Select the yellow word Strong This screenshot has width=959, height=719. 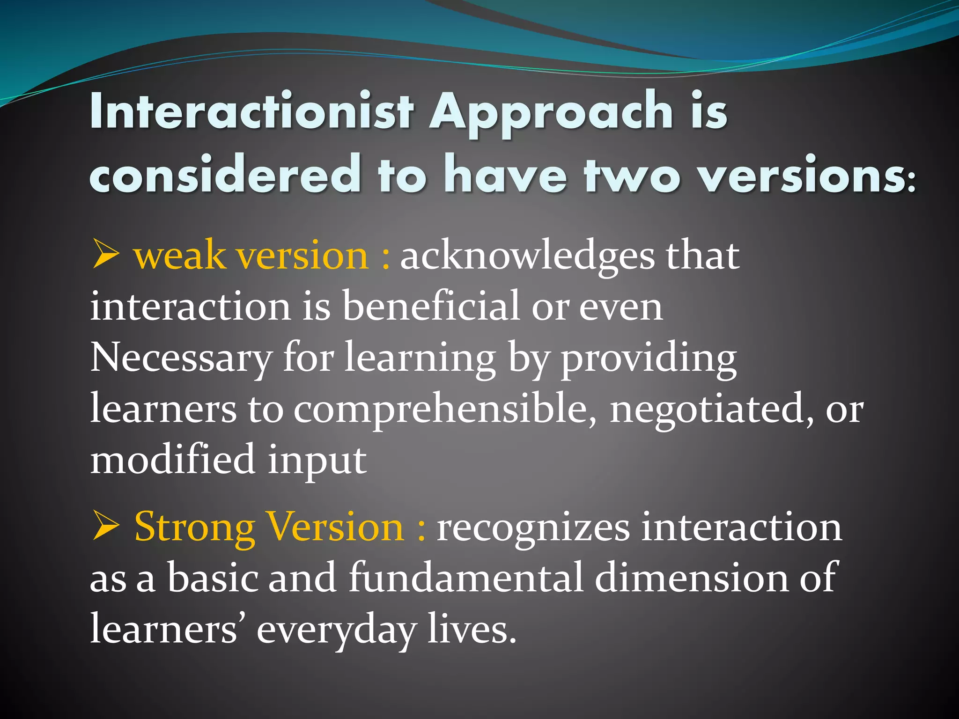(x=194, y=528)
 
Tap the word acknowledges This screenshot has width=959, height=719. (x=527, y=257)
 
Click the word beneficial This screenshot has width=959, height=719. (x=431, y=307)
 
